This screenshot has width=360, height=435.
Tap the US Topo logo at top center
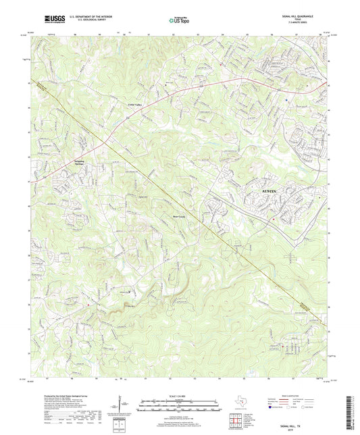tap(180, 20)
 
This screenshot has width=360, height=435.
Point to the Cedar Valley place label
tap(135, 105)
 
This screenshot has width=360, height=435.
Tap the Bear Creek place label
tap(176, 217)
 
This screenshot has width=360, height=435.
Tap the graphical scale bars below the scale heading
tap(180, 407)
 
